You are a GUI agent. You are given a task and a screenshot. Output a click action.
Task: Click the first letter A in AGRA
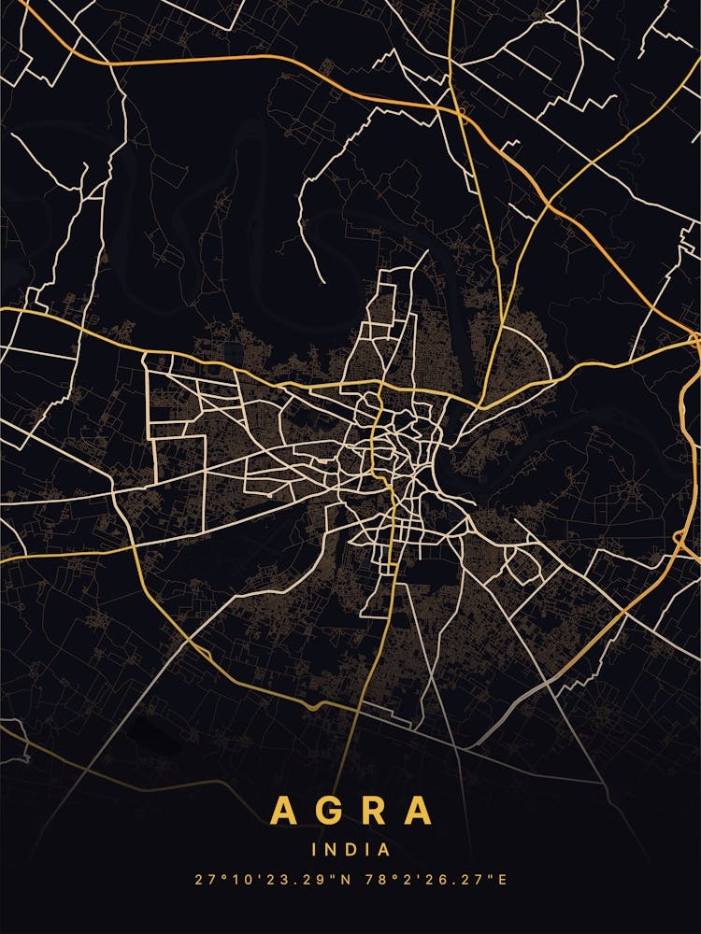pos(283,810)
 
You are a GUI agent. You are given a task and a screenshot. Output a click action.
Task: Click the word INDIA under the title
pos(350,850)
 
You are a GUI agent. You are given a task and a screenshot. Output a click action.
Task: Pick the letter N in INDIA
pos(329,850)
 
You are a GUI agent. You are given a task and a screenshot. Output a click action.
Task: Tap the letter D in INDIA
pos(350,850)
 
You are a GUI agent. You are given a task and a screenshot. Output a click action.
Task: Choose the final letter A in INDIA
pos(383,850)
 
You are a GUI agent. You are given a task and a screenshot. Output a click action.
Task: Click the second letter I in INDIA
pos(367,850)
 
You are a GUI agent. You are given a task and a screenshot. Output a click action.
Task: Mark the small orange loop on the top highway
pos(462,113)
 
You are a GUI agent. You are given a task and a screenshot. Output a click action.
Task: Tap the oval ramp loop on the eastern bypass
pos(678,539)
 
